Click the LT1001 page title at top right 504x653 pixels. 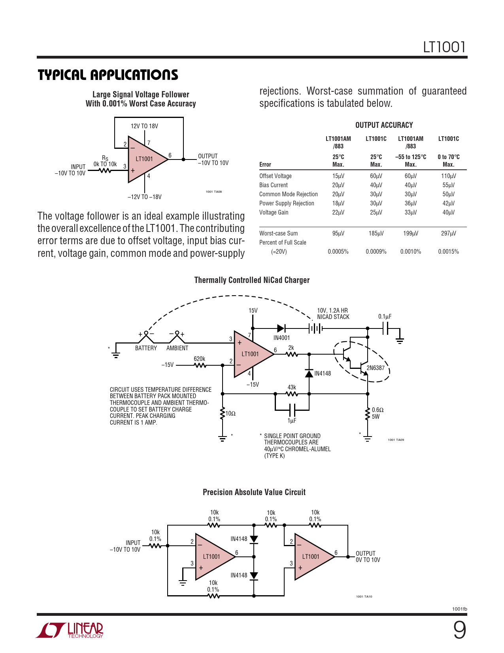pyautogui.click(x=444, y=47)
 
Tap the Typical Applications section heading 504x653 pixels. pyautogui.click(x=108, y=75)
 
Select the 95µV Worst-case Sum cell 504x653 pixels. pyautogui.click(x=338, y=233)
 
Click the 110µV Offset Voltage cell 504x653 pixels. pyautogui.click(x=448, y=176)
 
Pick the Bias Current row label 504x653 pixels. pyautogui.click(x=274, y=185)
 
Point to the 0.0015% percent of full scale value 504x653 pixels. pyautogui.click(x=448, y=252)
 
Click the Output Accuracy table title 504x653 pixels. pyautogui.click(x=384, y=125)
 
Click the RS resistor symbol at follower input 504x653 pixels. pyautogui.click(x=105, y=171)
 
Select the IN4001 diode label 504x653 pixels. pyautogui.click(x=281, y=338)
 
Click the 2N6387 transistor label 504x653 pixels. pyautogui.click(x=375, y=368)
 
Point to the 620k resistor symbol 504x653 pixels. pyautogui.click(x=200, y=365)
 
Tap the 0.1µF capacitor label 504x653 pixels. pyautogui.click(x=385, y=317)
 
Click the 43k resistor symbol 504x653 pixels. pyautogui.click(x=292, y=394)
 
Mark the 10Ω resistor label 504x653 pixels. pyautogui.click(x=230, y=414)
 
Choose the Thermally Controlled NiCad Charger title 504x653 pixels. pyautogui.click(x=252, y=280)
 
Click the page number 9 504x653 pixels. pyautogui.click(x=459, y=630)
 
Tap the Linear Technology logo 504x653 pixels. pyautogui.click(x=70, y=630)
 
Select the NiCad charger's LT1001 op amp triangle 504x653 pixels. pyautogui.click(x=251, y=354)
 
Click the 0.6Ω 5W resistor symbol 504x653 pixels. pyautogui.click(x=368, y=413)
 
